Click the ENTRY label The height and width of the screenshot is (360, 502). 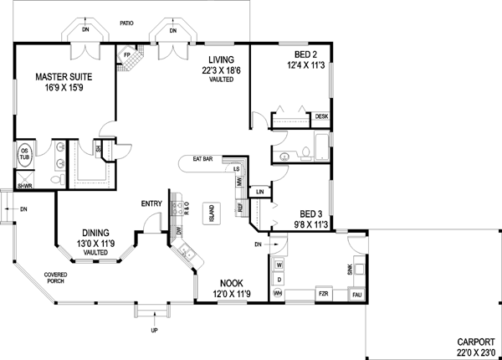point(151,203)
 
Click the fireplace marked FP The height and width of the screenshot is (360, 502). point(127,56)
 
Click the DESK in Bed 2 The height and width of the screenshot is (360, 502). point(321,117)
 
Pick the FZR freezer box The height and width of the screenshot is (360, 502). point(322,295)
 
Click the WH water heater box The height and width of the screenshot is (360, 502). point(279,294)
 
